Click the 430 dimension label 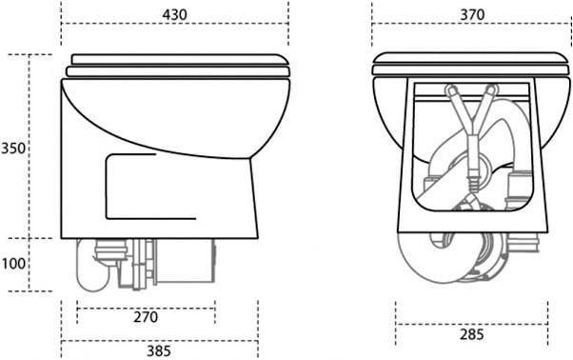[175, 14]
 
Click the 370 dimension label [472, 14]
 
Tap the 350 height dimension [13, 149]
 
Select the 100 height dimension [13, 263]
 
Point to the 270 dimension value [146, 317]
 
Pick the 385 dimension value [159, 350]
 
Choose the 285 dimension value [472, 334]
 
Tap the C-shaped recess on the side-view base [106, 187]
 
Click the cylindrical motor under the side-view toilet [185, 261]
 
